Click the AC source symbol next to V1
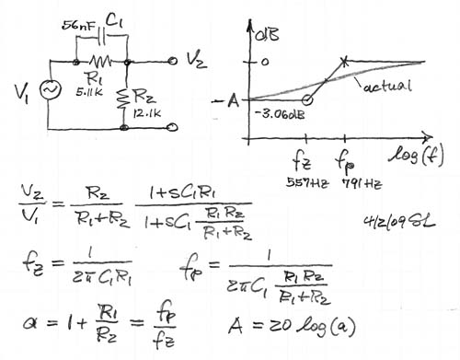pos(51,89)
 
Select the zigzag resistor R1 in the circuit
pos(100,63)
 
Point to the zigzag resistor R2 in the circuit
pos(124,99)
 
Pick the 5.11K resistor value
pos(89,92)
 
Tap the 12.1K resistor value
pos(147,113)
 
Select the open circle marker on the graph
pos(307,100)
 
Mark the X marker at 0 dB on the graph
pos(345,62)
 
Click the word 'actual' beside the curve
pos(386,86)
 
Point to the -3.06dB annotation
pos(280,114)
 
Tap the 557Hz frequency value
pos(307,183)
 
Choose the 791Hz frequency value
pos(362,184)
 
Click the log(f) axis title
pos(417,156)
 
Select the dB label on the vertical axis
pos(267,34)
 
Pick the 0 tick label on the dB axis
pos(265,62)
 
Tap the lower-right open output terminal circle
pos(173,127)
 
